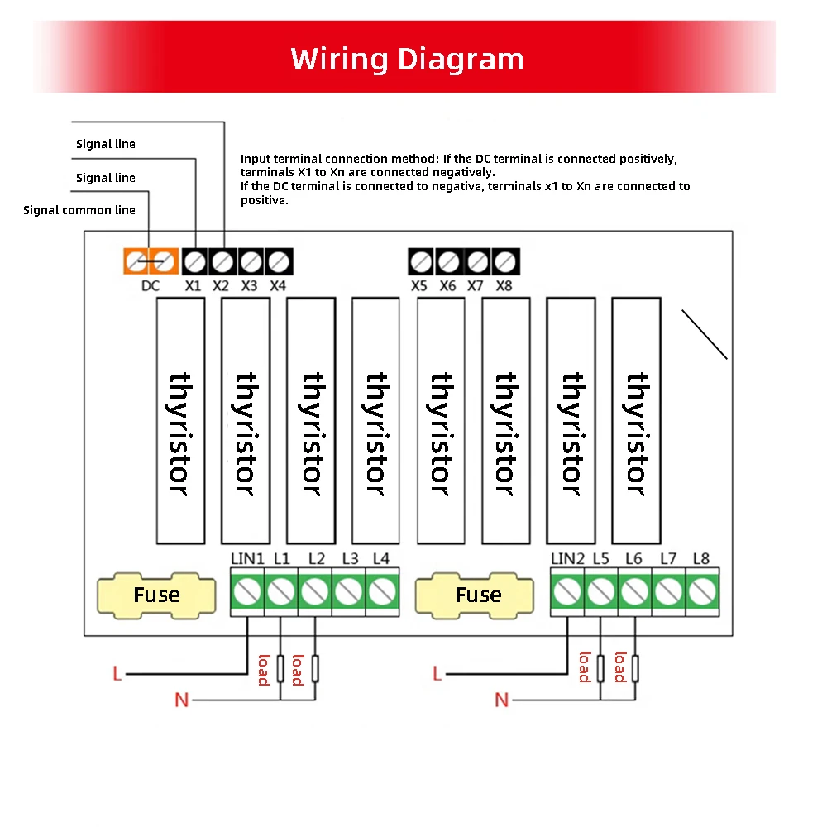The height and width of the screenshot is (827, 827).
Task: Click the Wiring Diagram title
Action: pos(407,60)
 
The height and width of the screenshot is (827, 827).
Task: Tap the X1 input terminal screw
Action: pos(194,262)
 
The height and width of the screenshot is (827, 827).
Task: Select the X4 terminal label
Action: pos(278,286)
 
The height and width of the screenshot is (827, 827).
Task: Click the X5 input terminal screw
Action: pos(421,262)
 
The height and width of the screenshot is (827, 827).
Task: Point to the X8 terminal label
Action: pos(504,286)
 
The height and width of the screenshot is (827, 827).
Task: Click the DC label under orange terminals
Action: pos(150,286)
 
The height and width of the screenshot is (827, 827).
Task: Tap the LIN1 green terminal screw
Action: pos(246,591)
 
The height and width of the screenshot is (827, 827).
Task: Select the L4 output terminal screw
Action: pos(381,591)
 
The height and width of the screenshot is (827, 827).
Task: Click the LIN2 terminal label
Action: pos(567,559)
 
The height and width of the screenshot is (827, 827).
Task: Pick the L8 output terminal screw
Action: pos(702,591)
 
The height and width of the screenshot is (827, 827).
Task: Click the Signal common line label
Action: pos(79,210)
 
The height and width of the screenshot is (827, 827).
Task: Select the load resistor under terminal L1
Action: pos(280,668)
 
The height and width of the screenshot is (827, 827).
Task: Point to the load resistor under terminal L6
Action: pos(634,668)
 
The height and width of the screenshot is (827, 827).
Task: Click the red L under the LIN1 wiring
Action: pos(117,675)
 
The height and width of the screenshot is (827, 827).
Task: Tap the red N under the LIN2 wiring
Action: pos(501,700)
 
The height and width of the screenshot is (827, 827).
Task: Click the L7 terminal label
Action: pos(668,559)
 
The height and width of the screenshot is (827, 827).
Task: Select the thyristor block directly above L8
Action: pos(636,420)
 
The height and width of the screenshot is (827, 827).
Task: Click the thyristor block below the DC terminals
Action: pos(180,420)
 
